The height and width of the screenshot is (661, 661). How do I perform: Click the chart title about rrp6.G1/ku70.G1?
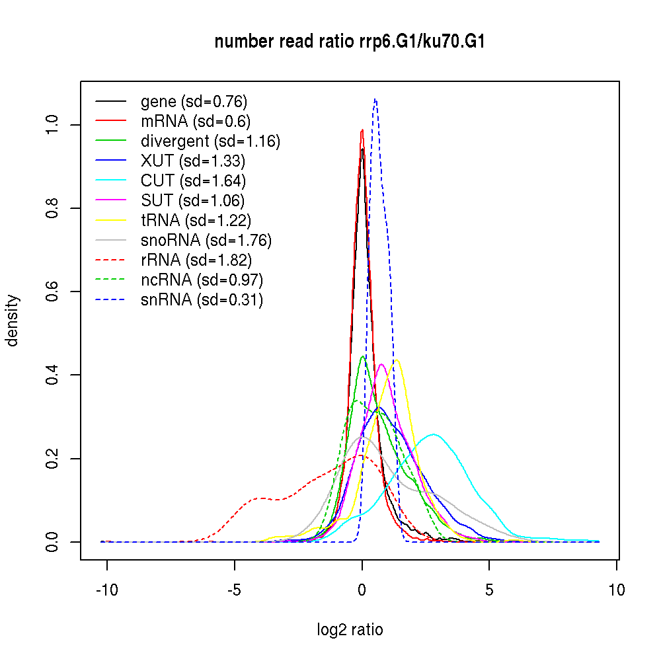350,42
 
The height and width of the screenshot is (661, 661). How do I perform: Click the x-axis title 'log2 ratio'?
350,630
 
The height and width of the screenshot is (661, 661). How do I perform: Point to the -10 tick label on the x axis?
107,590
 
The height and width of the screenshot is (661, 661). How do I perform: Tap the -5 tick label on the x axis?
235,590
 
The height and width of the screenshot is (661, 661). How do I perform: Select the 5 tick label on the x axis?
489,590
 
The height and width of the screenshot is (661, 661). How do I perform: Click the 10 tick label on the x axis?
617,590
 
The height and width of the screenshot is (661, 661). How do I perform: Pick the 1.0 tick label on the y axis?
52,125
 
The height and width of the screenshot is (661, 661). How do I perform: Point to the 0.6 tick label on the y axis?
52,292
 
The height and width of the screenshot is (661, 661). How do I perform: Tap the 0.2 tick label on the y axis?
52,459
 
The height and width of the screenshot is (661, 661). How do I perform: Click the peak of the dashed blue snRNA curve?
375,99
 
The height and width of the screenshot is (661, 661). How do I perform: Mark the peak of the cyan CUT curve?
434,434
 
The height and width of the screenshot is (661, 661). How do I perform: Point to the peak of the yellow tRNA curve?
396,360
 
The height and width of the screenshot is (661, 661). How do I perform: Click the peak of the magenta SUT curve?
381,364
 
